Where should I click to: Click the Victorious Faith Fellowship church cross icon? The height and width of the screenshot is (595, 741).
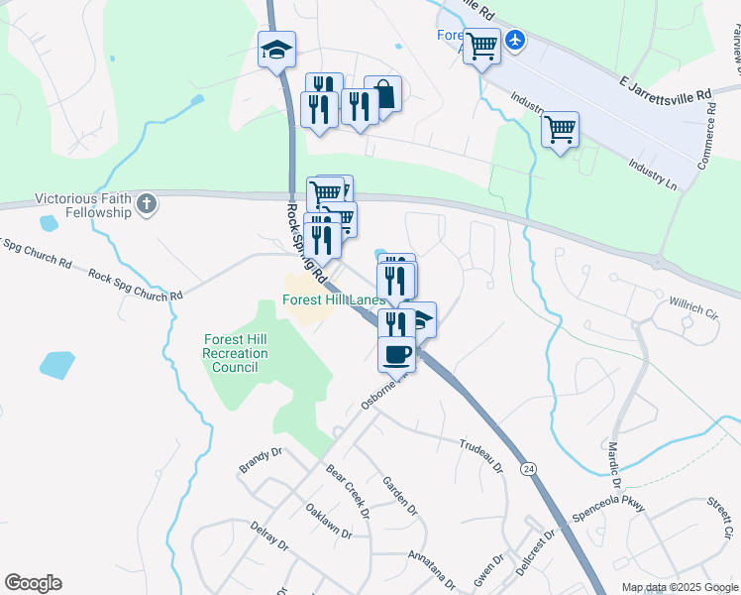(x=147, y=204)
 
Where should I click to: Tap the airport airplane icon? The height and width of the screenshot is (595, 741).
(x=515, y=41)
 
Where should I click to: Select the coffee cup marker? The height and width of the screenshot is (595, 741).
(x=396, y=354)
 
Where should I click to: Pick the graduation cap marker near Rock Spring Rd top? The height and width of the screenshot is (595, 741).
(x=276, y=50)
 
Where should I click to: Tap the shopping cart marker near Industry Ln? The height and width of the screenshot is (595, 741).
(x=561, y=129)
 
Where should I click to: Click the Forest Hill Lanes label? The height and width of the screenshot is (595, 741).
(x=333, y=299)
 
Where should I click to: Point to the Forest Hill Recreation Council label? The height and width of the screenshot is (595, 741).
(x=235, y=352)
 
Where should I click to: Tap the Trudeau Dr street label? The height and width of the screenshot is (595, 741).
(x=482, y=455)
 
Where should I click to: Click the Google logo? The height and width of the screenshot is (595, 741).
(x=33, y=583)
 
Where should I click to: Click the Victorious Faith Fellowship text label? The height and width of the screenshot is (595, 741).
(x=84, y=205)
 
